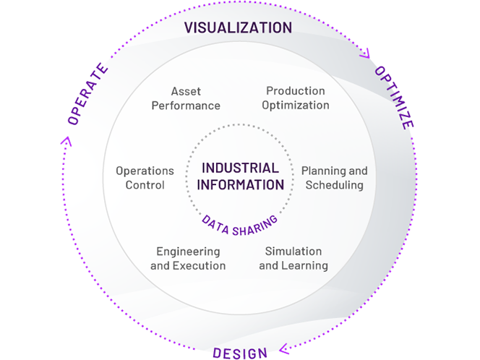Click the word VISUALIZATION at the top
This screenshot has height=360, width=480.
pyautogui.click(x=238, y=28)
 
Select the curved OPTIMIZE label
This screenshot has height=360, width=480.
pyautogui.click(x=394, y=97)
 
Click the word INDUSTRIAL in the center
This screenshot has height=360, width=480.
pyautogui.click(x=240, y=168)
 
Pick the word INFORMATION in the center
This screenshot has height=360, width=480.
pyautogui.click(x=240, y=184)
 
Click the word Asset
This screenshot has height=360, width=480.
pyautogui.click(x=186, y=92)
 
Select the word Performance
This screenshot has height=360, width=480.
pyautogui.click(x=186, y=106)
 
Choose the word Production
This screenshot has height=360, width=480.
pyautogui.click(x=296, y=91)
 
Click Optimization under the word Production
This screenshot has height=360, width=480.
pyautogui.click(x=296, y=105)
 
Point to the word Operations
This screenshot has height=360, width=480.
pyautogui.click(x=145, y=171)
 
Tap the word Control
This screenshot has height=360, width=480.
pyautogui.click(x=145, y=185)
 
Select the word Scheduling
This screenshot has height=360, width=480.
pyautogui.click(x=334, y=185)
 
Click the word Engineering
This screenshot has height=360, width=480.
pyautogui.click(x=188, y=252)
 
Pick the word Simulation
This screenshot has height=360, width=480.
pyautogui.click(x=293, y=252)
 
